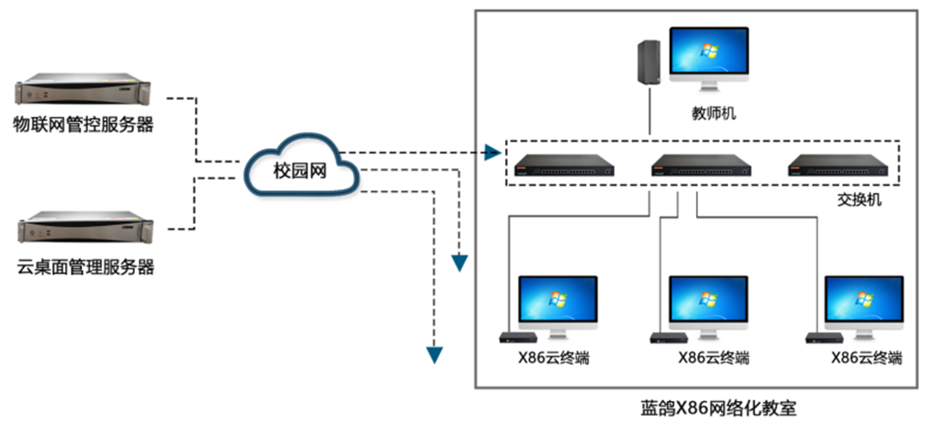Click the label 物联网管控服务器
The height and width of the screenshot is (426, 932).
(x=83, y=124)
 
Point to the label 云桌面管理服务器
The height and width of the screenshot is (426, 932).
(x=85, y=268)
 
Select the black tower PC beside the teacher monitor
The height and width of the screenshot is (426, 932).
(x=649, y=65)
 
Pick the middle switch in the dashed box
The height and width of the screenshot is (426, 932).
(x=701, y=165)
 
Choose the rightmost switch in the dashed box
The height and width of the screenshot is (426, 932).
(x=838, y=165)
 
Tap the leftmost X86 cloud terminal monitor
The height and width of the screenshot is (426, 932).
(x=557, y=303)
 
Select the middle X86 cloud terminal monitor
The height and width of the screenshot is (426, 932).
(x=708, y=303)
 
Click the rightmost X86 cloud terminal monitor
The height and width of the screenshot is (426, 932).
(x=862, y=303)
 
